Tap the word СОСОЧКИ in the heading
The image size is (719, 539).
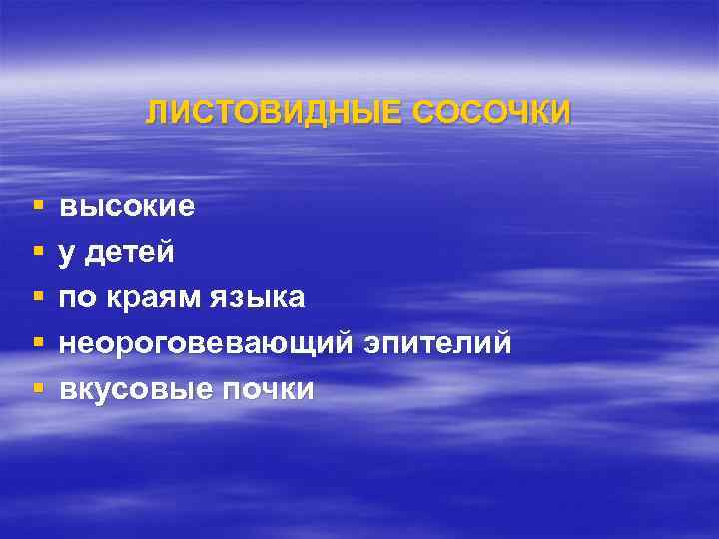point(491,113)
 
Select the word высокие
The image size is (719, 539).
point(127,208)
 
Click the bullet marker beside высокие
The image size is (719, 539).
point(37,206)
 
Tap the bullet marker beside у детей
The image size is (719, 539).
point(37,252)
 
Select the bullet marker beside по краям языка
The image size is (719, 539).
point(37,297)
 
